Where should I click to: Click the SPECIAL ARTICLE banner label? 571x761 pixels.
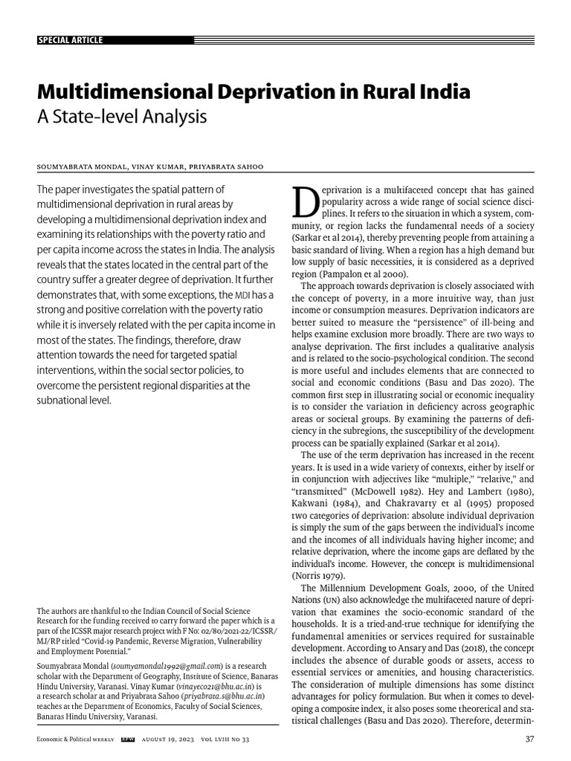70,40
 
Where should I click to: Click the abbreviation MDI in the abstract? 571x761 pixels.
242,296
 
